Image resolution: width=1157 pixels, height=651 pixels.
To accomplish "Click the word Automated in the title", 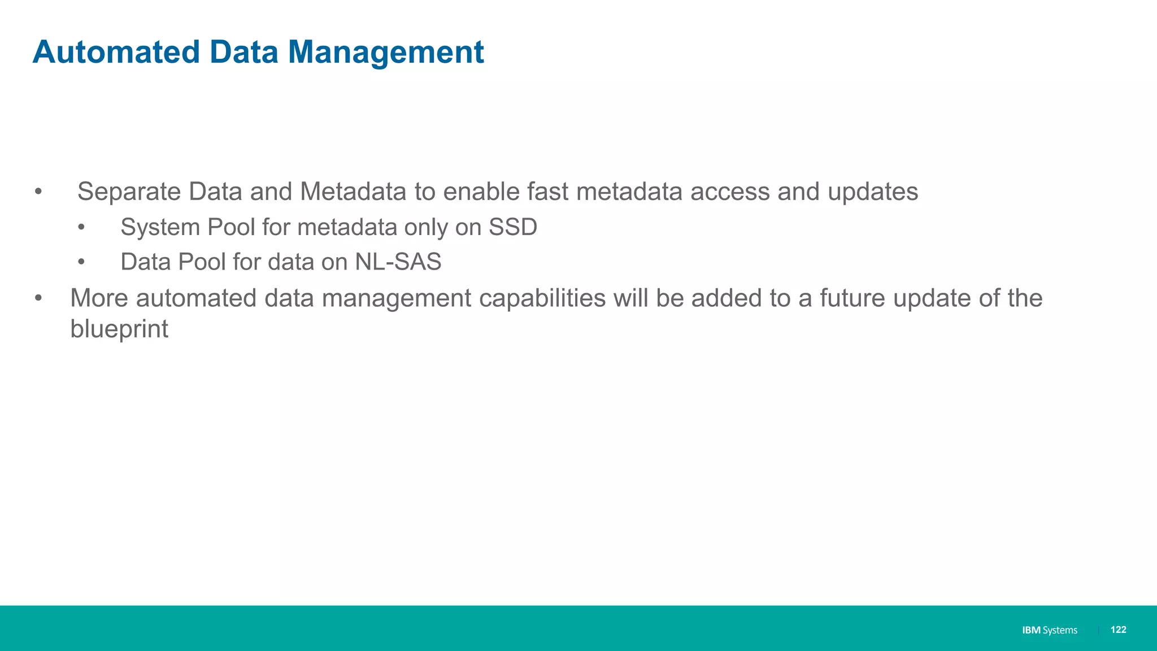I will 116,52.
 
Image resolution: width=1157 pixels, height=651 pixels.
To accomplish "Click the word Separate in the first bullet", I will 128,192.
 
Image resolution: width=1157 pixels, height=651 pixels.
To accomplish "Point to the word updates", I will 872,192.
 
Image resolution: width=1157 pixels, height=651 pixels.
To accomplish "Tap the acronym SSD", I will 512,227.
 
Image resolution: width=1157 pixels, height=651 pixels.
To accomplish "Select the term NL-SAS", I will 398,262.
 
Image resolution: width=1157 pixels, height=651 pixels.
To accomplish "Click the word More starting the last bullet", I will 99,298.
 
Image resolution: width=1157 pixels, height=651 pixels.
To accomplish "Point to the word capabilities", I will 542,298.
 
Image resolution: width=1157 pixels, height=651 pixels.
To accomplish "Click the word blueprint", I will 119,329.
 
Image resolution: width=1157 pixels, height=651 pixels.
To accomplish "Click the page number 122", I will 1118,630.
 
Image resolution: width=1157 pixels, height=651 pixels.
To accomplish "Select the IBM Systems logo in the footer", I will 1049,630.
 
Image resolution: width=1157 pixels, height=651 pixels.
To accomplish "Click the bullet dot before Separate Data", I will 38,192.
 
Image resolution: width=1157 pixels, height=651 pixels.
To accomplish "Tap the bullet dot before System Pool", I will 81,228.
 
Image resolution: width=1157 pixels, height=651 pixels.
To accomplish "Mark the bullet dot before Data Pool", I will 81,262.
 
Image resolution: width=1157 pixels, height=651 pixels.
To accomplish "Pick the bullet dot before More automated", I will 38,298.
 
